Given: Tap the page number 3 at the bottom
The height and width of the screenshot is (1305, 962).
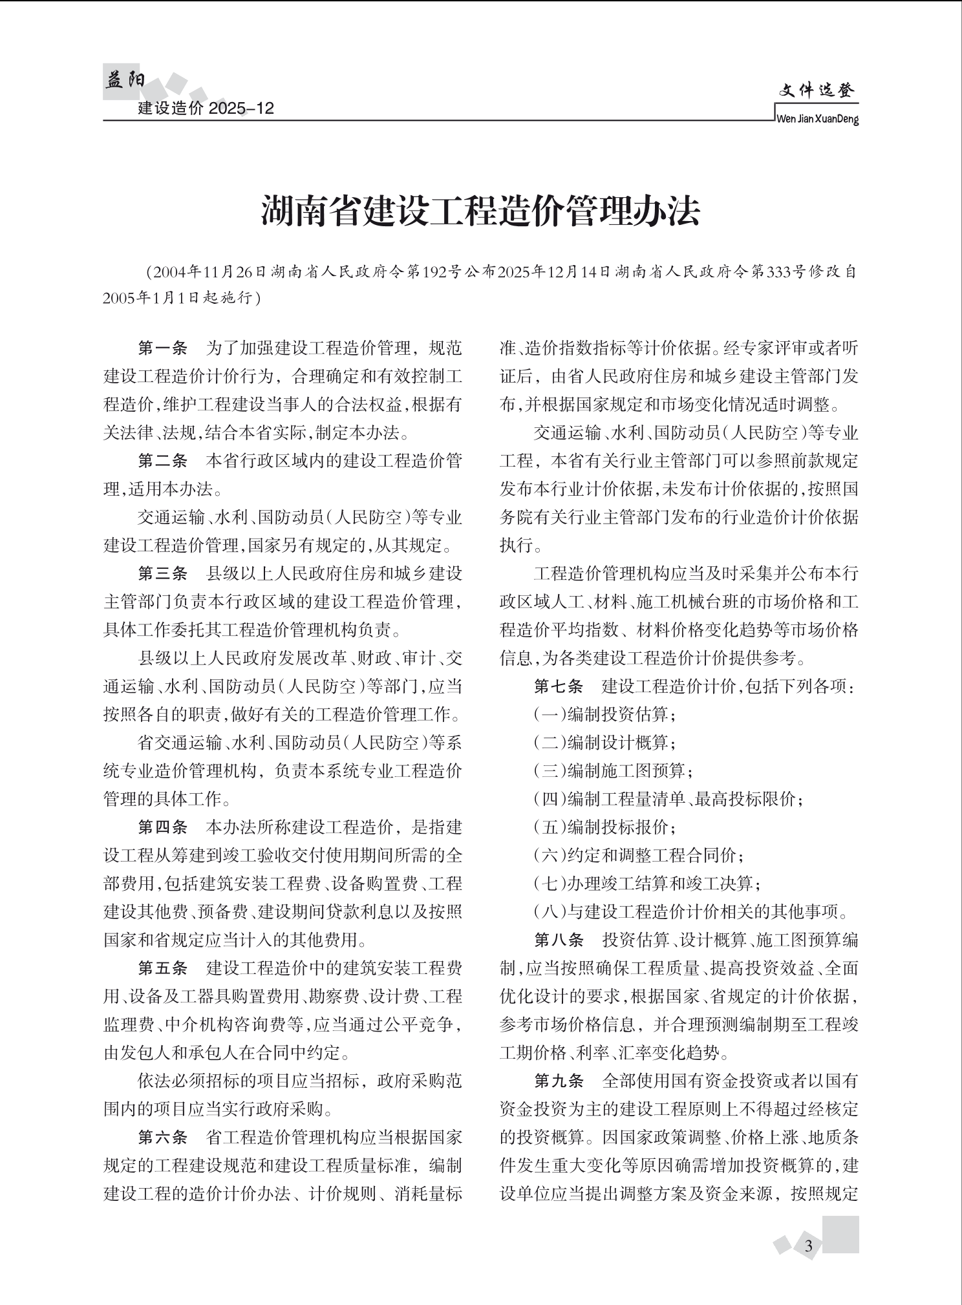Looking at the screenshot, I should click(808, 1246).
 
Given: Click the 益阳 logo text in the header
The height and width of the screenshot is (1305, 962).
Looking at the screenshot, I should click(125, 81).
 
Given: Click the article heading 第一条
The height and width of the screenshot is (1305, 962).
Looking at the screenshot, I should click(162, 348).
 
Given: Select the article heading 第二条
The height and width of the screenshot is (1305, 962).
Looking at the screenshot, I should click(162, 461).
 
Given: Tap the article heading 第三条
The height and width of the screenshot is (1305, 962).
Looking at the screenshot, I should click(162, 573).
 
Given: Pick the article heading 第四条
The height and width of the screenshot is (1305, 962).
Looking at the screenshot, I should click(162, 827).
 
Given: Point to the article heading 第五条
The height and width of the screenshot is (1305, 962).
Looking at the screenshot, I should click(162, 968).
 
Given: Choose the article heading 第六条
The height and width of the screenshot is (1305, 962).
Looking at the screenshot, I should click(162, 1137).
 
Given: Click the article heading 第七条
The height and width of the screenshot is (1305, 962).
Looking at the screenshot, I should click(558, 686).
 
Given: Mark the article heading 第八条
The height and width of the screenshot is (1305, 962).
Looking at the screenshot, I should click(558, 939).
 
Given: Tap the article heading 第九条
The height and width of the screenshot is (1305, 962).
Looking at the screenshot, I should click(558, 1080).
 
